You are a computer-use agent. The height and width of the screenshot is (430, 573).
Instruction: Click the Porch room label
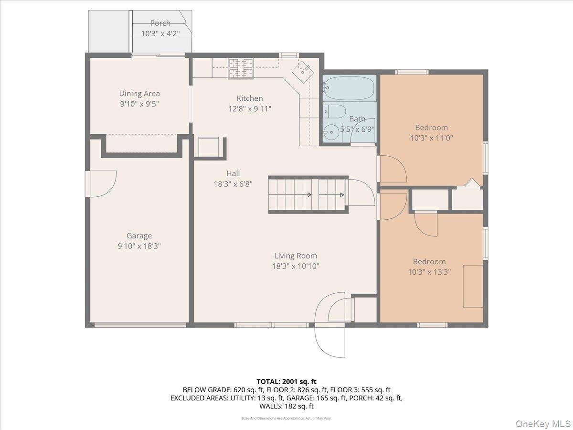(x=160, y=23)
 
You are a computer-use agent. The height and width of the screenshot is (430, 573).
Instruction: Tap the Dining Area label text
(x=139, y=94)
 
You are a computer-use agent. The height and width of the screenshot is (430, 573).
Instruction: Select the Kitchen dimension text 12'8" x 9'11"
(x=250, y=108)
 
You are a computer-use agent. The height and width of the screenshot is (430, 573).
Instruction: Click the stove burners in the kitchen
(x=241, y=69)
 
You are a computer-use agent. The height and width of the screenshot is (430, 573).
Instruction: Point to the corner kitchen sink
(x=303, y=72)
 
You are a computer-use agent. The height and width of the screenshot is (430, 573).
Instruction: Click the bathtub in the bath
(x=350, y=88)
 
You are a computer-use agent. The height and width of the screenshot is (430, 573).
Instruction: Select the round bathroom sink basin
(x=331, y=132)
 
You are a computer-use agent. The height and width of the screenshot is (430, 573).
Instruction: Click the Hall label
(x=233, y=173)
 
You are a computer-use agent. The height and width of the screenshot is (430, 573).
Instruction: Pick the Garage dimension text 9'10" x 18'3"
(x=139, y=246)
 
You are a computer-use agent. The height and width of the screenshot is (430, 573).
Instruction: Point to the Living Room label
(x=296, y=256)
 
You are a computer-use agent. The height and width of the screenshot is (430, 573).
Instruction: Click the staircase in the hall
(x=308, y=195)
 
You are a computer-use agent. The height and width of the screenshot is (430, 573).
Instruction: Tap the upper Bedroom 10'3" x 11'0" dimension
(x=432, y=138)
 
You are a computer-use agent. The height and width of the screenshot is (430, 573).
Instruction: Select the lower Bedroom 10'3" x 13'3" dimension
(x=429, y=272)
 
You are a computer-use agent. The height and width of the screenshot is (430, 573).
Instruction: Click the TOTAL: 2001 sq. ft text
(x=286, y=382)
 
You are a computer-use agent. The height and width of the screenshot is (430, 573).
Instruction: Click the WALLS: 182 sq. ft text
(x=286, y=406)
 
